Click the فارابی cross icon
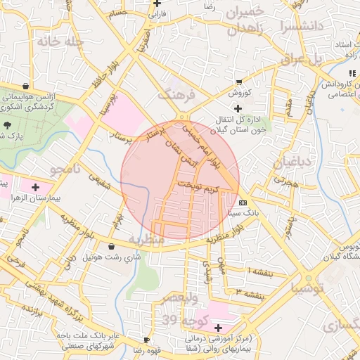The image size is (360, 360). [x=158, y=4]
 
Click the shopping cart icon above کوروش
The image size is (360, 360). [x=239, y=81]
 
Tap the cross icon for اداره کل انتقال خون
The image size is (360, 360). [x=238, y=108]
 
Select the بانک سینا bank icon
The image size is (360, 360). [x=243, y=202]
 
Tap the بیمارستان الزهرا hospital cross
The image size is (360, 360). [x=35, y=187]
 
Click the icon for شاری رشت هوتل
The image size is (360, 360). [x=112, y=247]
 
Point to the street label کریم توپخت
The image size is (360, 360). [x=198, y=187]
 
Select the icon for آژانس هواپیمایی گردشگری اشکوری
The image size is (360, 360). [x=26, y=88]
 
